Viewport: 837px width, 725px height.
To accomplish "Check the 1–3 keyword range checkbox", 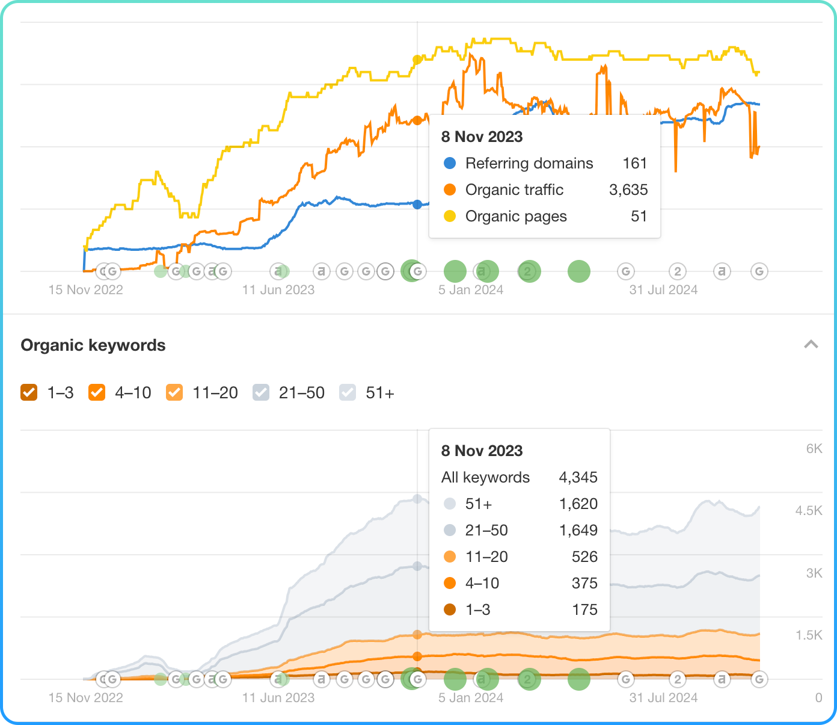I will pos(29,392).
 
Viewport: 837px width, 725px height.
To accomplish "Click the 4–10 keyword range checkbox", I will pos(97,392).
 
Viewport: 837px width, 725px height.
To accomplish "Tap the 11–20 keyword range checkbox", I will pos(174,392).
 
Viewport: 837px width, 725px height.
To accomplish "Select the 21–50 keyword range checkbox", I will pos(261,392).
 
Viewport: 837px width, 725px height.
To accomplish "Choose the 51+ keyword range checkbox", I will pos(348,392).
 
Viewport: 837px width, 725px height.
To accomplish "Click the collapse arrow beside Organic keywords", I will pos(811,345).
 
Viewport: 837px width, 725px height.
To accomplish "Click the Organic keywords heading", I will pos(93,345).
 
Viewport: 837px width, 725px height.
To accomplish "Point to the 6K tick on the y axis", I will pos(814,448).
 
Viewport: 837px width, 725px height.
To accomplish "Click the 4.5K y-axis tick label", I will pos(809,511).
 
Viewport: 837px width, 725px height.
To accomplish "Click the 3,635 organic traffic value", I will pos(628,190).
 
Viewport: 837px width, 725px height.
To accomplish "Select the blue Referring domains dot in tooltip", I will pos(450,163).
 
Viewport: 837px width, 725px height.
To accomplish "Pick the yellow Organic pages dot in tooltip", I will pos(450,216).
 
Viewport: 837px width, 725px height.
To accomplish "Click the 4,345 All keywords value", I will pos(578,478).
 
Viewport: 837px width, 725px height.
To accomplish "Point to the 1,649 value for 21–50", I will pos(578,531).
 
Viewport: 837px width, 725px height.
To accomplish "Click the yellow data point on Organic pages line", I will pos(417,60).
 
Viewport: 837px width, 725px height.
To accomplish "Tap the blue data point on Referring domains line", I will pos(417,205).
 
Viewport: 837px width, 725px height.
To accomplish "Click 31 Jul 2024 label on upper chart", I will pos(663,290).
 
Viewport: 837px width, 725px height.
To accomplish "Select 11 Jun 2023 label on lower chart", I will pos(278,698).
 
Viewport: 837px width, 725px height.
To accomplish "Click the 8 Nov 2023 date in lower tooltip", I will pos(482,451).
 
